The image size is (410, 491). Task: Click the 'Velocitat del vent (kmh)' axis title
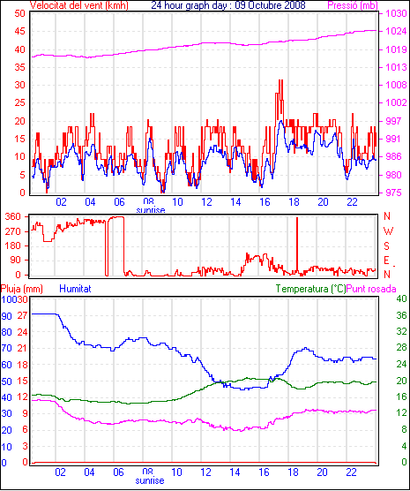click(79, 5)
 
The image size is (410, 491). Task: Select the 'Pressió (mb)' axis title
click(353, 5)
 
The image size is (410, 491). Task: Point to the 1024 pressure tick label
click(396, 31)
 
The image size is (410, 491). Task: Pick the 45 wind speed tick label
click(20, 31)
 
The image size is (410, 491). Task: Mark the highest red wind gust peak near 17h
click(280, 80)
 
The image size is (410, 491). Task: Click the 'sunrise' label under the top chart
click(151, 209)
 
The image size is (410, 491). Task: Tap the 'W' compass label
click(388, 231)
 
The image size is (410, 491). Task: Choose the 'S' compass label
click(386, 246)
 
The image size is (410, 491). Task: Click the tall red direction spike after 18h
click(297, 245)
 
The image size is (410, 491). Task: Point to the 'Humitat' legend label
click(75, 289)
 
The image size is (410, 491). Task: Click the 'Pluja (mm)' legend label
click(21, 289)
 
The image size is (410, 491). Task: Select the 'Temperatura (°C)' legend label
click(311, 289)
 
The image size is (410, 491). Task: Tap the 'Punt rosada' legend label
click(371, 289)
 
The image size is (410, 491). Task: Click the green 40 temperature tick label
click(401, 298)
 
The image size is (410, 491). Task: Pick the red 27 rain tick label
click(23, 315)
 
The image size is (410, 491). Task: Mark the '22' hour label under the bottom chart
click(351, 472)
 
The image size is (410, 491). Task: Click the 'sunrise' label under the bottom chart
click(150, 480)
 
